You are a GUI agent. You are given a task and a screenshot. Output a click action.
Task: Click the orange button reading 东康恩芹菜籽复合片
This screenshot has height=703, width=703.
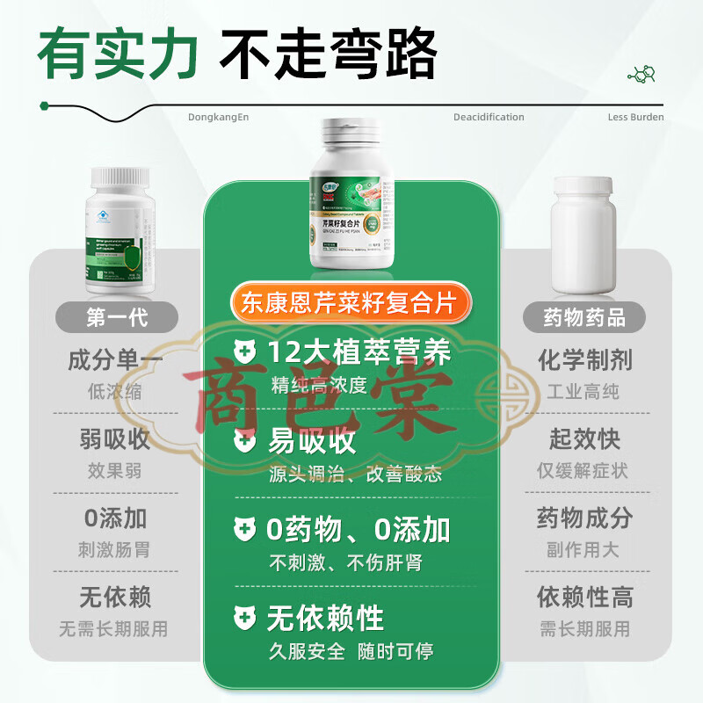tap(351, 303)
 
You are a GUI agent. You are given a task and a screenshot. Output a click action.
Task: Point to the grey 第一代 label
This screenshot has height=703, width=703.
tap(115, 317)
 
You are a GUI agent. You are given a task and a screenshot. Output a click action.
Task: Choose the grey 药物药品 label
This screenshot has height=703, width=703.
tap(584, 317)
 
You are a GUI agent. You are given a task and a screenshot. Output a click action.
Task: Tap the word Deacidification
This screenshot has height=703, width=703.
tap(489, 117)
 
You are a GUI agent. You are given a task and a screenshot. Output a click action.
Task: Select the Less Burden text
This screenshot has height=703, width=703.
tap(635, 117)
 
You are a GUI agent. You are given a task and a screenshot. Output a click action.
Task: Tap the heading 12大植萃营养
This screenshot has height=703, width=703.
tap(359, 353)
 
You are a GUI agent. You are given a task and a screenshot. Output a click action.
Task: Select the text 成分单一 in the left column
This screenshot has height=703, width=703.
tap(115, 360)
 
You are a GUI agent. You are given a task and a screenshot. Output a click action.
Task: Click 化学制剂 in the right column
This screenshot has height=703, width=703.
tap(584, 360)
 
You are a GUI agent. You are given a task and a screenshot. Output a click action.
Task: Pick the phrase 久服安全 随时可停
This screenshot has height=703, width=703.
tap(351, 651)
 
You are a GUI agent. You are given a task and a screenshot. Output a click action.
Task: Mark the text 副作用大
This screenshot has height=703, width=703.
tap(584, 550)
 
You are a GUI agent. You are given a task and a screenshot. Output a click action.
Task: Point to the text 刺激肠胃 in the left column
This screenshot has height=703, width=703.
tap(115, 550)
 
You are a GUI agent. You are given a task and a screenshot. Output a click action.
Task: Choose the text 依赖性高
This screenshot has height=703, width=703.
tap(584, 598)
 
